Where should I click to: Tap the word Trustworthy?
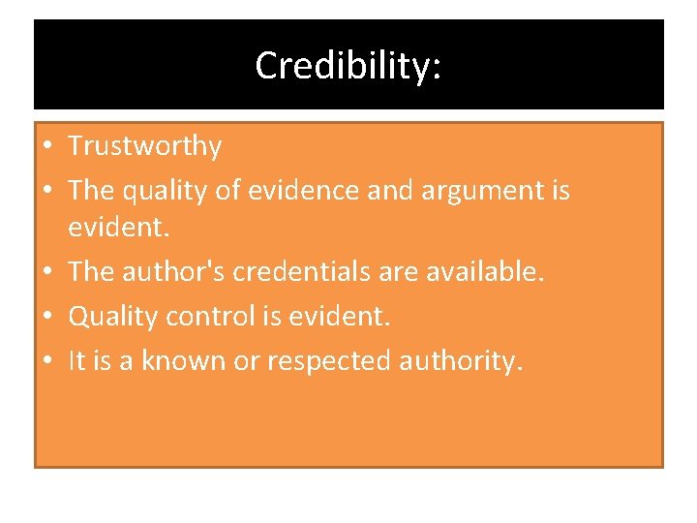tap(144, 146)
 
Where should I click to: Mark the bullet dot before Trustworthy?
tap(46, 147)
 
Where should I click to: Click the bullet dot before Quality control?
tap(46, 317)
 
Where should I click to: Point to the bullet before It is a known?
tap(46, 361)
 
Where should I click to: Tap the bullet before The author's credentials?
tap(46, 272)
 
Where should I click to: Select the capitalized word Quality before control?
tap(107, 317)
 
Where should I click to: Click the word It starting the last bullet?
tap(76, 360)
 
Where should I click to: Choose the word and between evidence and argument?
tap(387, 190)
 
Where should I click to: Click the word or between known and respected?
tap(243, 361)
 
